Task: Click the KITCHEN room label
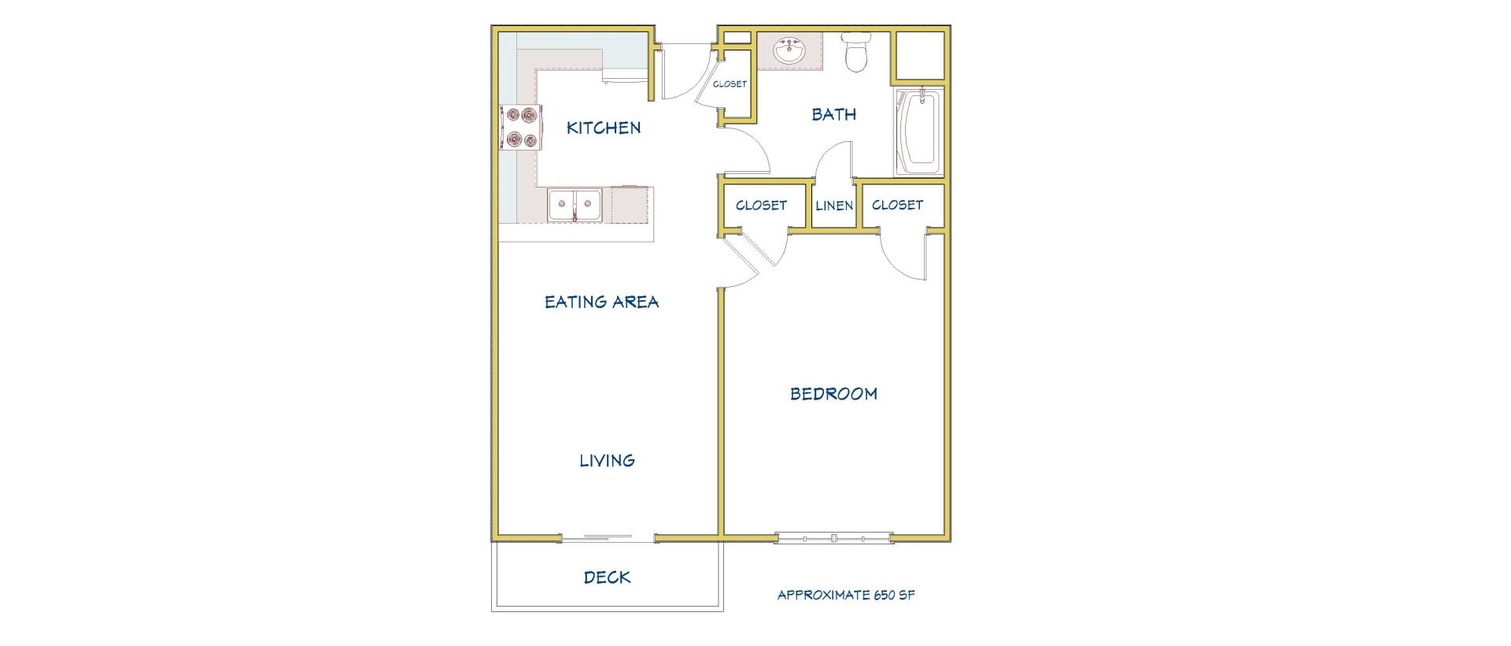coord(604,128)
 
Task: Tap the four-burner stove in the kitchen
coord(520,128)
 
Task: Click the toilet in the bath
coord(854,51)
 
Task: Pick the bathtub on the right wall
coord(919,132)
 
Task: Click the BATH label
coord(833,115)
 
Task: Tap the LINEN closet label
coord(834,206)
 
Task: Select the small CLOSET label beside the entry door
coord(730,84)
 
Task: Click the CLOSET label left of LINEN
coord(761,206)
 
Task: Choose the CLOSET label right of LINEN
coord(897,205)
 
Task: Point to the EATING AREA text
coord(602,302)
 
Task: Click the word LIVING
coord(607,461)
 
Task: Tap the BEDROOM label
coord(833,394)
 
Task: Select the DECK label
coord(607,577)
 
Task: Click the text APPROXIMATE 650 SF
coord(846,596)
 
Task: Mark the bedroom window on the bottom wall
coord(833,538)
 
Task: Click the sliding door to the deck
coord(608,538)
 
